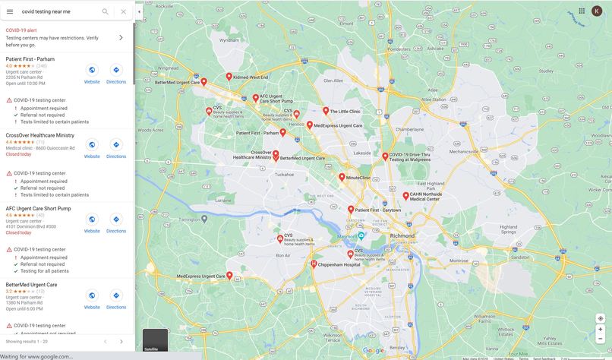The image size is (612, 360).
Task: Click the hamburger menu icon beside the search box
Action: pyautogui.click(x=10, y=11)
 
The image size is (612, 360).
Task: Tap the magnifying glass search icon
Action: pyautogui.click(x=106, y=11)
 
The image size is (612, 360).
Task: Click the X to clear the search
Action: pyautogui.click(x=123, y=11)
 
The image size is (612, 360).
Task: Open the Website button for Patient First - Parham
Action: pyautogui.click(x=92, y=73)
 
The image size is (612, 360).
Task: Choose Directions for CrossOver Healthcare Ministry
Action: pyautogui.click(x=116, y=147)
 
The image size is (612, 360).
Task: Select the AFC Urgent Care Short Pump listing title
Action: pyautogui.click(x=38, y=209)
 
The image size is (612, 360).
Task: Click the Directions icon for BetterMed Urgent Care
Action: pyautogui.click(x=116, y=298)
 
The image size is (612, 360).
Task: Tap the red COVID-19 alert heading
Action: pyautogui.click(x=21, y=30)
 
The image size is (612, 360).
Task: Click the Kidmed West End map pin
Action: pyautogui.click(x=229, y=77)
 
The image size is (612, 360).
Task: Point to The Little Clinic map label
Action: pyautogui.click(x=345, y=112)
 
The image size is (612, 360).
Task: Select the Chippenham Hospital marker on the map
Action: pyautogui.click(x=314, y=264)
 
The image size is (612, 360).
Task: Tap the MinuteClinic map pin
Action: pyautogui.click(x=341, y=178)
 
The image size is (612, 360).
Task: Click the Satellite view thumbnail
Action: pyautogui.click(x=155, y=340)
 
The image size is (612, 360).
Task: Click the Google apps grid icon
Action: pyautogui.click(x=582, y=11)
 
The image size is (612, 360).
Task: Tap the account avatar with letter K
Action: pyautogui.click(x=597, y=11)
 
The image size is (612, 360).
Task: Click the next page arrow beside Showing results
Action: pyautogui.click(x=121, y=342)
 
